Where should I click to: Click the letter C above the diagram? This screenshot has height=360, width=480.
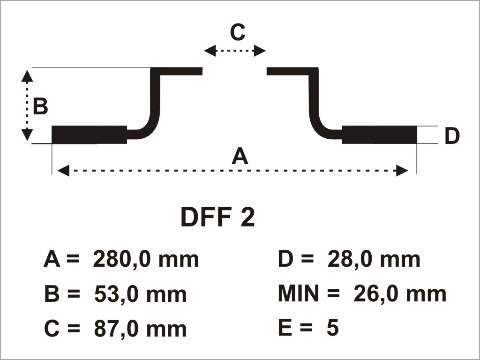(x=238, y=32)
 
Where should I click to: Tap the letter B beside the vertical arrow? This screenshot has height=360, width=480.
(x=40, y=106)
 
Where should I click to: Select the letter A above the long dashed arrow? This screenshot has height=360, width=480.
(x=240, y=156)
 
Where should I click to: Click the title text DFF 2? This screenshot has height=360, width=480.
(x=217, y=217)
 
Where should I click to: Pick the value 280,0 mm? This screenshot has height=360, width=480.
(x=146, y=260)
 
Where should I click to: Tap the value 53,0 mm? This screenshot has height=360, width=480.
(x=140, y=294)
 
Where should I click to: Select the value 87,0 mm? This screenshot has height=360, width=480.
(x=140, y=329)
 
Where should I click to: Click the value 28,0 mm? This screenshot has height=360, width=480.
(x=374, y=260)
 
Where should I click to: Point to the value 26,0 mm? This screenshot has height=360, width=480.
(x=400, y=294)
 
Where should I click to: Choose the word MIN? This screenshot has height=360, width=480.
(x=299, y=293)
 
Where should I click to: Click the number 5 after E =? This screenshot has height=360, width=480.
(x=333, y=328)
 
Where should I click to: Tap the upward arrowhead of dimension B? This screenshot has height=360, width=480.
(x=27, y=76)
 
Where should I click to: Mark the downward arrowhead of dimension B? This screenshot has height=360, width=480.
(x=27, y=135)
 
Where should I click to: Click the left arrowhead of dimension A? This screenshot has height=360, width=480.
(x=63, y=171)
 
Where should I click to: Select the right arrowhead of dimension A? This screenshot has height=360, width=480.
(x=402, y=171)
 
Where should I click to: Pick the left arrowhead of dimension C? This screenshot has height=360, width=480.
(x=210, y=51)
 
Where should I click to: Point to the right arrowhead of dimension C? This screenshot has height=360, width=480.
(x=260, y=51)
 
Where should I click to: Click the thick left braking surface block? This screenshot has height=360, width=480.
(x=89, y=135)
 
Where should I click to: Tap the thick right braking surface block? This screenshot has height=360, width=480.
(x=379, y=135)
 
